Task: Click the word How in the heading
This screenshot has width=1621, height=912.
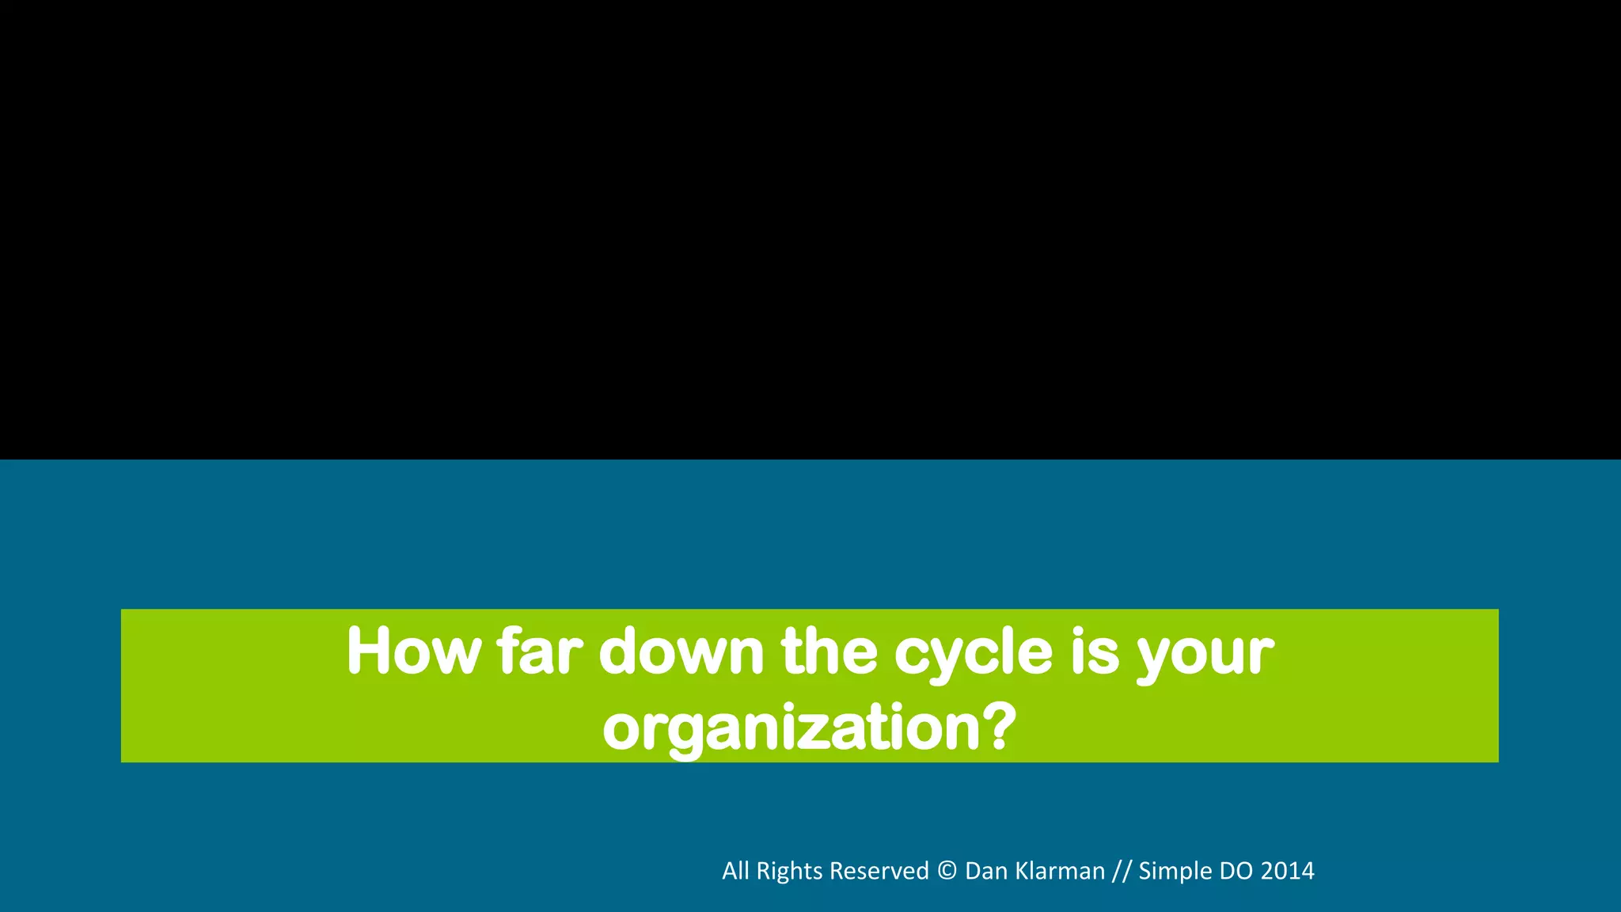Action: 413,652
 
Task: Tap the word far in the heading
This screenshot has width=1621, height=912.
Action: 540,652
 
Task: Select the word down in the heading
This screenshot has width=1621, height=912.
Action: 681,652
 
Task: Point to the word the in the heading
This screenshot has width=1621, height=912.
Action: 829,652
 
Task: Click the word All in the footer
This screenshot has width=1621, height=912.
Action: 735,871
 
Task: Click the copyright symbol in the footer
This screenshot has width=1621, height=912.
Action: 947,871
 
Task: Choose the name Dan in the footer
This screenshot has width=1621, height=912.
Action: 985,871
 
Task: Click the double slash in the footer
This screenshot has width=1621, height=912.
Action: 1122,872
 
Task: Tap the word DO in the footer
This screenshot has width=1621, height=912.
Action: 1236,871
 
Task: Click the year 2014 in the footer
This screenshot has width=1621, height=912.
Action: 1288,871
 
